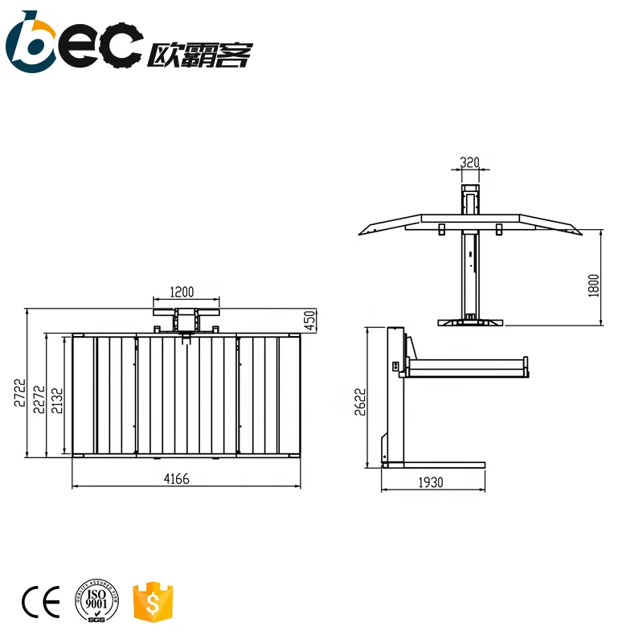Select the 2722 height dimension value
19,395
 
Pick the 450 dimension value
310,320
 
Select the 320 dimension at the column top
469,162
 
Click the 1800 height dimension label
594,285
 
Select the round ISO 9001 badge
96,601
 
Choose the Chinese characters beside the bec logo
200,54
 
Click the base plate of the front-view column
470,322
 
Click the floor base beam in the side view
434,465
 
